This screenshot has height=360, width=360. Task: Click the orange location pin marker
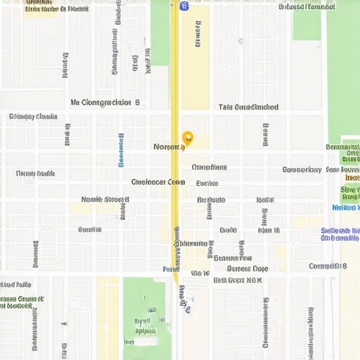tap(188, 138)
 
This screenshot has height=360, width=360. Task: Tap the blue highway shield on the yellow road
tap(184, 6)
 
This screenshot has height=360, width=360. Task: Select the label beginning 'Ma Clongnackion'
tap(105, 103)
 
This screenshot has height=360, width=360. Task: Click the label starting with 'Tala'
tap(248, 108)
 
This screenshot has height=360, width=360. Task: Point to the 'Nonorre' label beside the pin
tap(169, 147)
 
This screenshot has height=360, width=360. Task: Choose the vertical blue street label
tap(121, 149)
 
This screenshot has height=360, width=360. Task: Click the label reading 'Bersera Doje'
tap(247, 268)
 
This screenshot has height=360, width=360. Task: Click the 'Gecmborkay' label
tap(302, 169)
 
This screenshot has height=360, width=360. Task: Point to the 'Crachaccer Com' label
tap(158, 181)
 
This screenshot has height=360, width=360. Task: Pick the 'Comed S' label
tap(328, 266)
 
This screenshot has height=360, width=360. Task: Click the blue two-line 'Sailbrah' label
tap(340, 234)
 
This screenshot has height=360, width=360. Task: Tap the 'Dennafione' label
tap(209, 167)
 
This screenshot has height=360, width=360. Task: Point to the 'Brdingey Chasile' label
tap(33, 117)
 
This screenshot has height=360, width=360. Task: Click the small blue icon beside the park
tap(188, 308)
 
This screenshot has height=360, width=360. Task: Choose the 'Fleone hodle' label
tap(35, 173)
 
